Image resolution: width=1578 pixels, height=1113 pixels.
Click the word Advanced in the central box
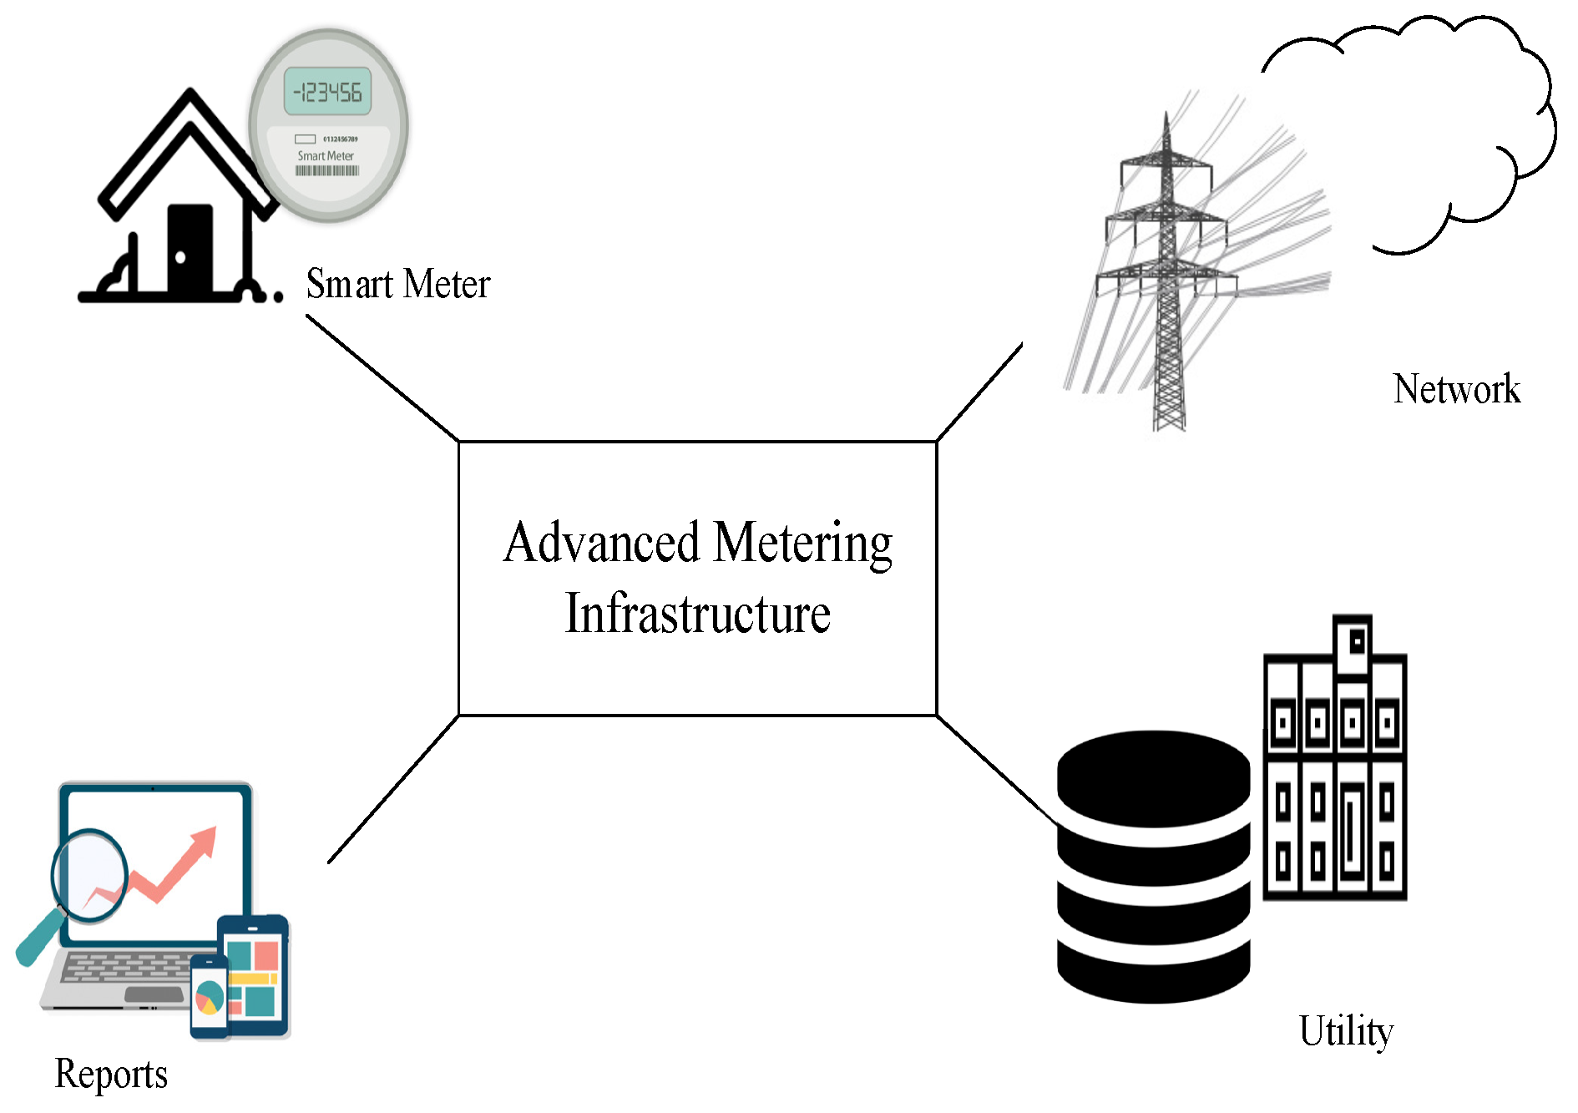tap(602, 542)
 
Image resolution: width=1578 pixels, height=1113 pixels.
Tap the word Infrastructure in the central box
tap(698, 613)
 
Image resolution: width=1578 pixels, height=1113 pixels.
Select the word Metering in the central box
tap(803, 544)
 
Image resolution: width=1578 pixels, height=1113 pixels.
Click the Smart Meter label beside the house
tap(398, 284)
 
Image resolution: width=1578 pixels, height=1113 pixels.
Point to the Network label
tap(1457, 389)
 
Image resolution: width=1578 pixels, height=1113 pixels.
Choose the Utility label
tap(1347, 1032)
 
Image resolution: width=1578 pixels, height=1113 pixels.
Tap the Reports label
tap(111, 1075)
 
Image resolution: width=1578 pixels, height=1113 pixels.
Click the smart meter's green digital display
tap(328, 91)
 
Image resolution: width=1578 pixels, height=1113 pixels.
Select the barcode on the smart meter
tap(327, 170)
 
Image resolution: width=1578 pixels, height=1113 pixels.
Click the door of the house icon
tap(190, 249)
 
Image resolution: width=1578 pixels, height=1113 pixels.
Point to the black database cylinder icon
tap(1154, 867)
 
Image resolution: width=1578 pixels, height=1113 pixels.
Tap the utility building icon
tap(1335, 758)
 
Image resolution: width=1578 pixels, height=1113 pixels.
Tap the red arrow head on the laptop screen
tap(205, 842)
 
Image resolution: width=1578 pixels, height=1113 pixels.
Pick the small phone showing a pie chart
tap(210, 996)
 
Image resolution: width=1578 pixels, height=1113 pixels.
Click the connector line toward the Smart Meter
tap(382, 377)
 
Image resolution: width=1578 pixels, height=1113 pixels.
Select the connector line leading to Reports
tap(393, 789)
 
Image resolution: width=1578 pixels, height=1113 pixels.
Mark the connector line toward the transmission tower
tap(979, 392)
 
